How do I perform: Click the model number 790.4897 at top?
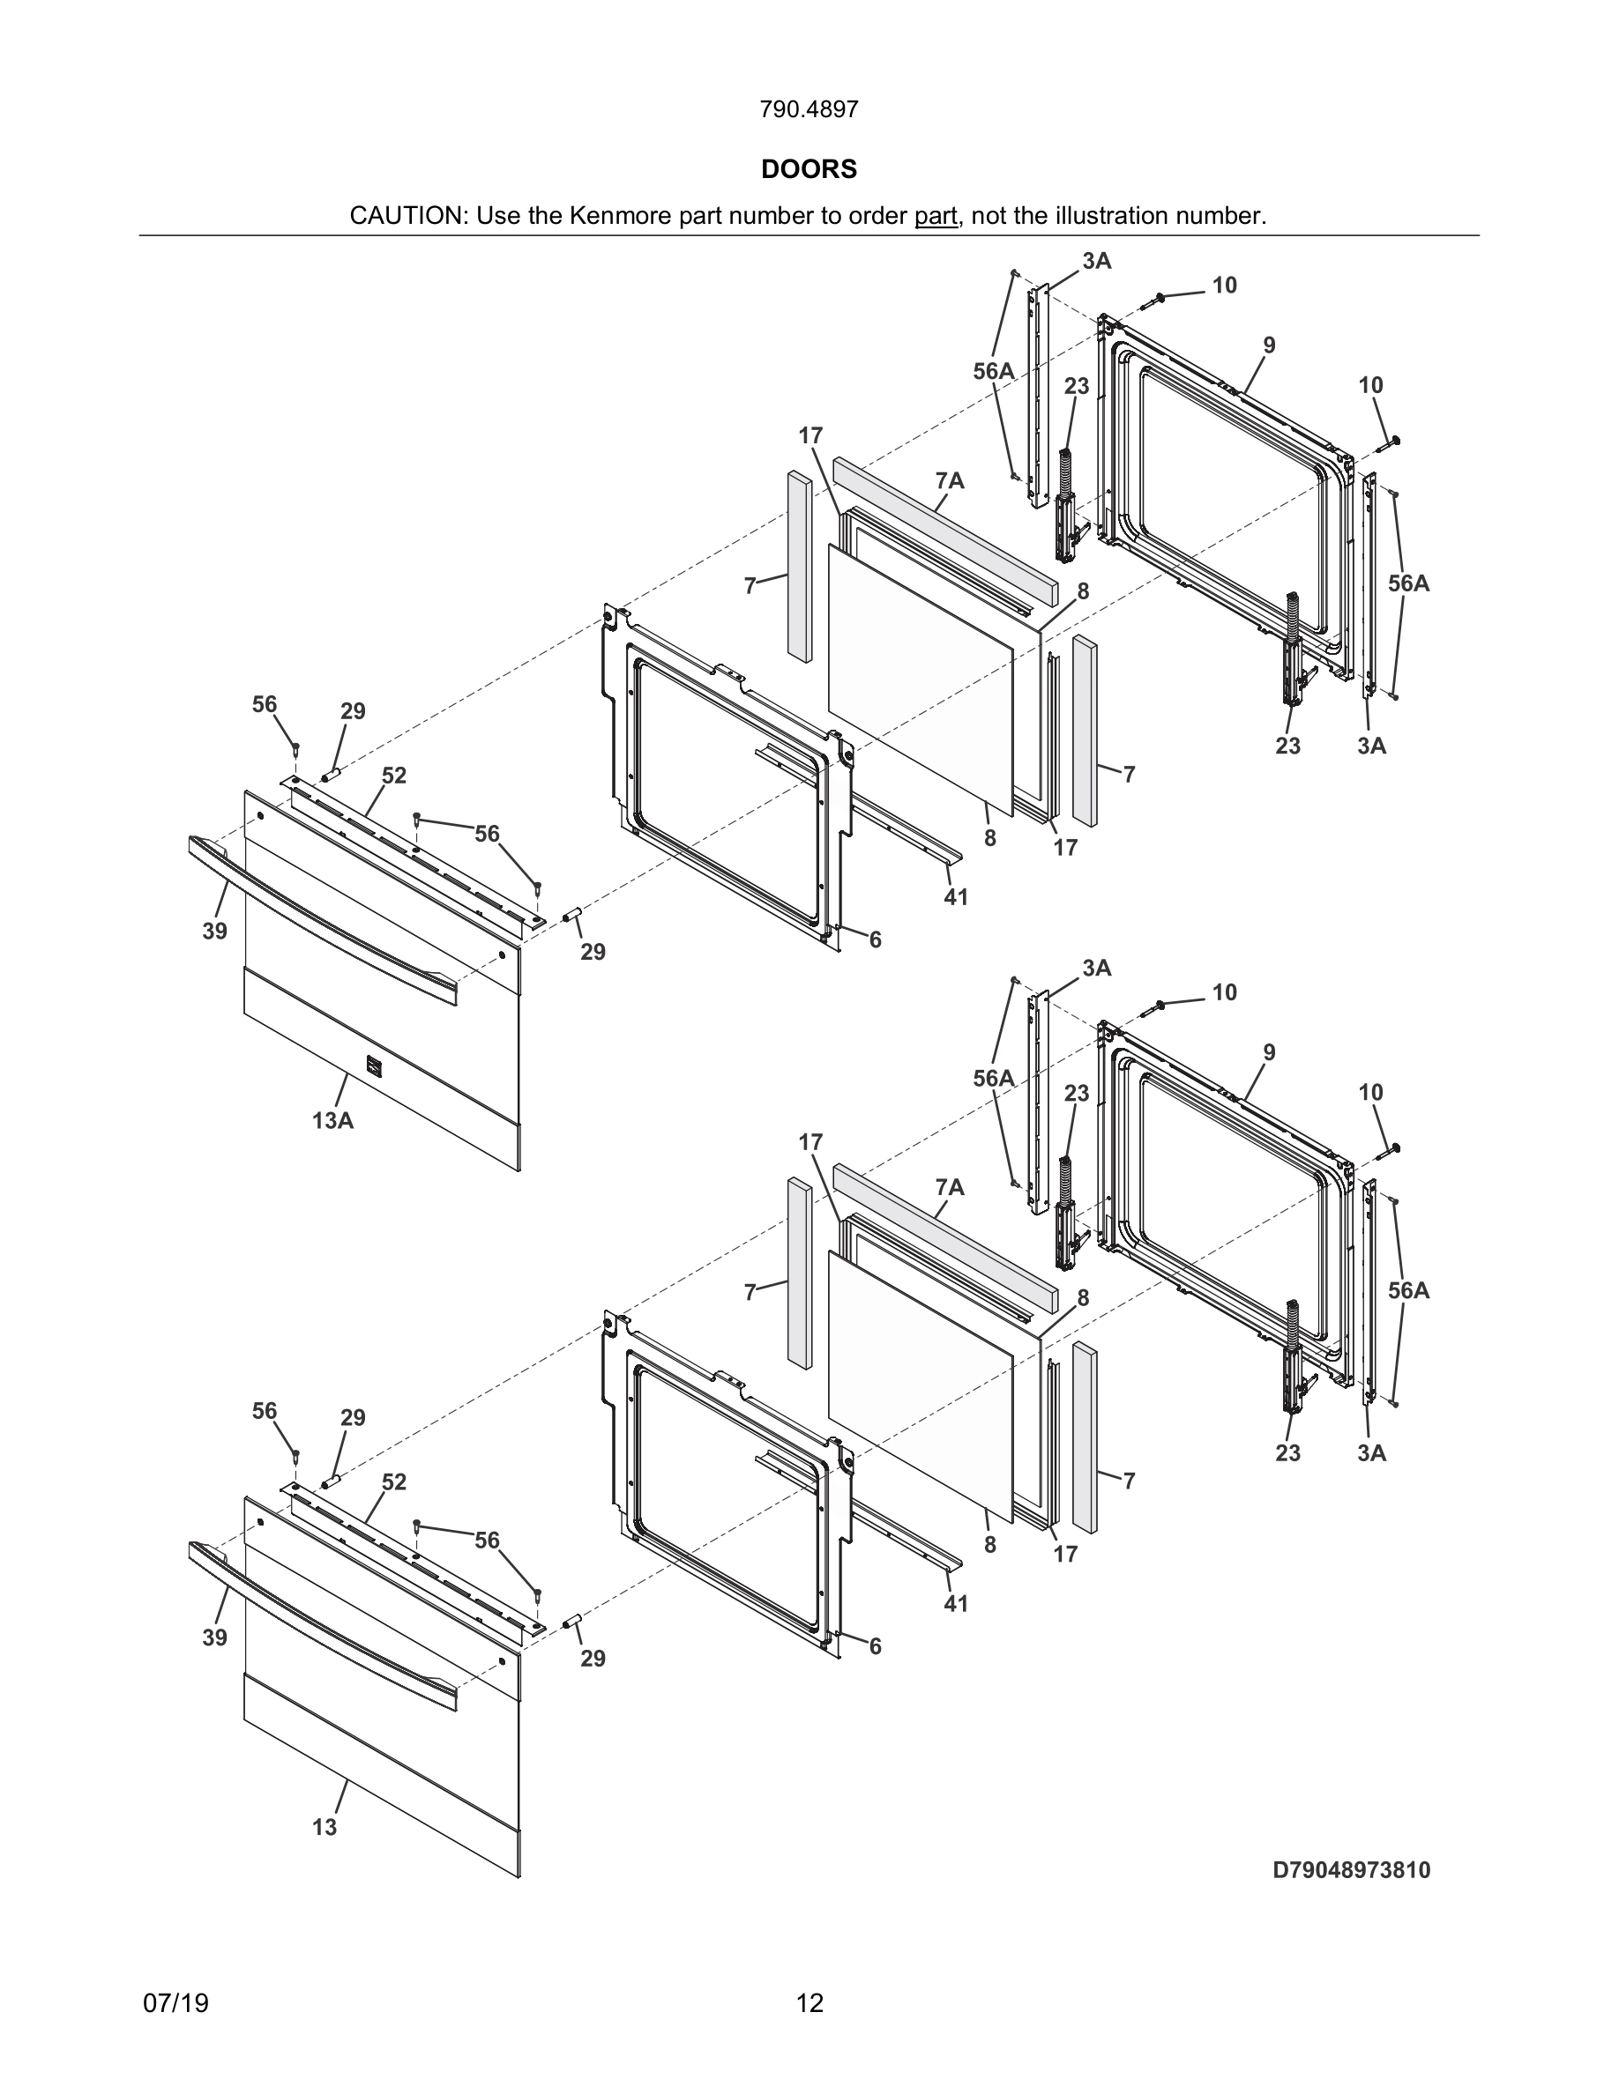(809, 110)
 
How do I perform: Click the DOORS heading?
(809, 170)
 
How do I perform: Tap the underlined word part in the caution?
(935, 217)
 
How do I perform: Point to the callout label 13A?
(332, 1120)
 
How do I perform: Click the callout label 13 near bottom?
(325, 1828)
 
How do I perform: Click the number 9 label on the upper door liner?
(1269, 346)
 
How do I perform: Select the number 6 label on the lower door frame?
(875, 1646)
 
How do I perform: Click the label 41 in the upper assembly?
(955, 897)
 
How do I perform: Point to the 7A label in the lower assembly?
(950, 1188)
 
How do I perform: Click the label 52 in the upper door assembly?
(394, 776)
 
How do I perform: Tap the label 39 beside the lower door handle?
(214, 1637)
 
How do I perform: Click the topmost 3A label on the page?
(1096, 261)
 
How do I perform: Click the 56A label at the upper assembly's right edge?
(1408, 583)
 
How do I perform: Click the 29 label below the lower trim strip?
(593, 1659)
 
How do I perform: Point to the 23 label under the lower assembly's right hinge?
(1287, 1452)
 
